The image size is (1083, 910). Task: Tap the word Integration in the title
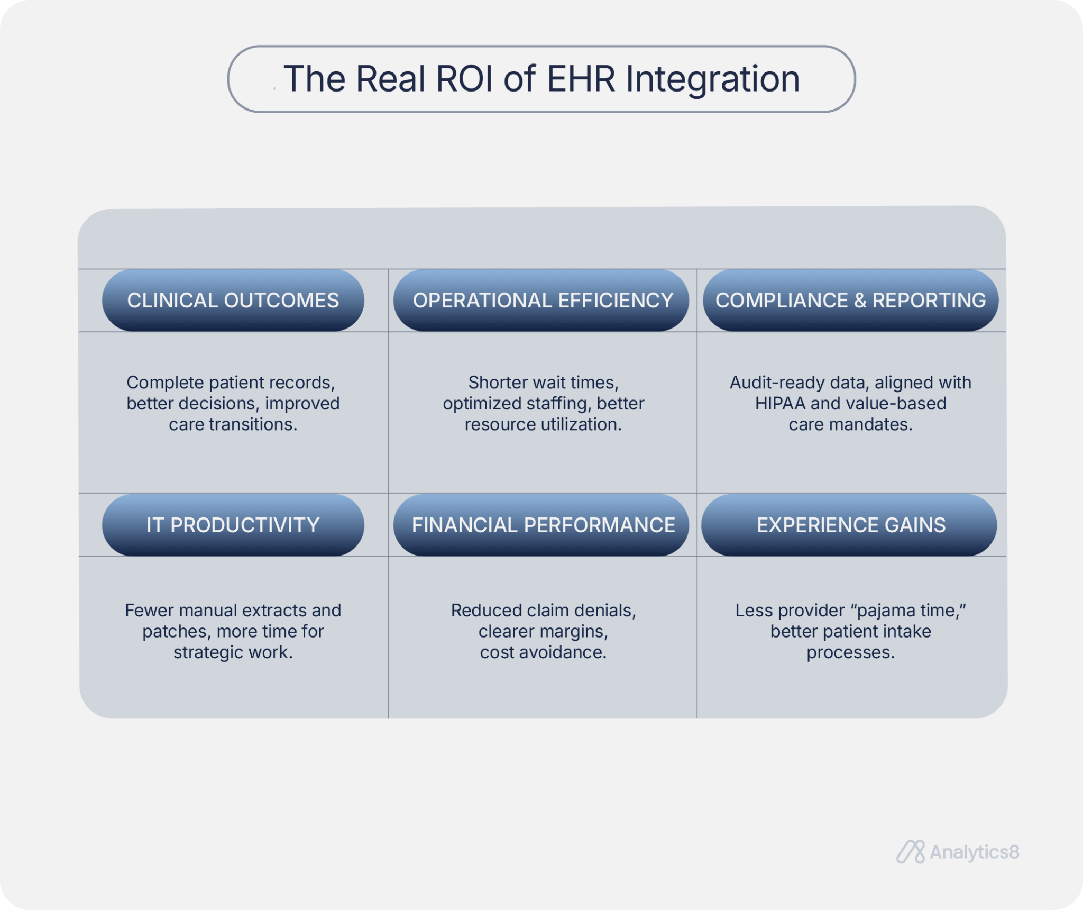pyautogui.click(x=712, y=79)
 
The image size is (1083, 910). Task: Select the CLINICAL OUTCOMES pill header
pyautogui.click(x=233, y=301)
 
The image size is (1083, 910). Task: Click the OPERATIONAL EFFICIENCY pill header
pyautogui.click(x=543, y=301)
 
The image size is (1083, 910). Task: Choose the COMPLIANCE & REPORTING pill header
pyautogui.click(x=850, y=301)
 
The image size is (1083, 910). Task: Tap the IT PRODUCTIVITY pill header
pyautogui.click(x=233, y=525)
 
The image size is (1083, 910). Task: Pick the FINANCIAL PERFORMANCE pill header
pyautogui.click(x=543, y=525)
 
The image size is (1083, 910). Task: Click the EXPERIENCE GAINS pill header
pyautogui.click(x=850, y=525)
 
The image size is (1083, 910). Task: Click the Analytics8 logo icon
pyautogui.click(x=910, y=852)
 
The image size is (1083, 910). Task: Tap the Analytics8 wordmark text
pyautogui.click(x=974, y=852)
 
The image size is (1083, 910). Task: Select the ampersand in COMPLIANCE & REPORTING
pyautogui.click(x=860, y=301)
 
